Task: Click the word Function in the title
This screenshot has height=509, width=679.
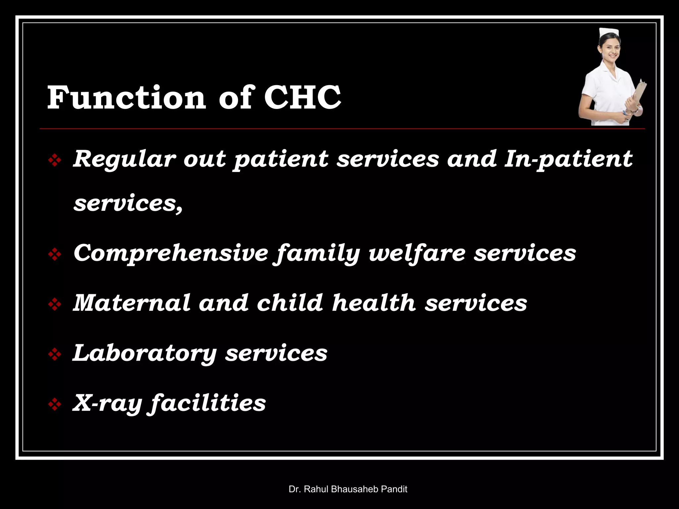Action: pos(126,98)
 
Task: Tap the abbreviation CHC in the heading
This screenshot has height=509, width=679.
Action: pos(302,98)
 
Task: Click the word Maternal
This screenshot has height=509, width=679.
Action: pos(131,303)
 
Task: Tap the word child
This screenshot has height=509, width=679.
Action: pos(290,303)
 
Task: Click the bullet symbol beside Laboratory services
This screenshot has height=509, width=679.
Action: pos(55,355)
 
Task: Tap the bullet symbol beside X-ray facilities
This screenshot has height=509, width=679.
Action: pos(55,405)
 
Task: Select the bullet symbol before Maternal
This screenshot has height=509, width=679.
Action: pos(55,305)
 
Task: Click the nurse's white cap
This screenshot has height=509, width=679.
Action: pos(609,33)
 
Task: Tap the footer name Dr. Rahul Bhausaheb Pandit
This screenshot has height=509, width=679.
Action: pos(348,489)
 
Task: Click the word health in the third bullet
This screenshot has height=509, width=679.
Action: pos(374,303)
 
